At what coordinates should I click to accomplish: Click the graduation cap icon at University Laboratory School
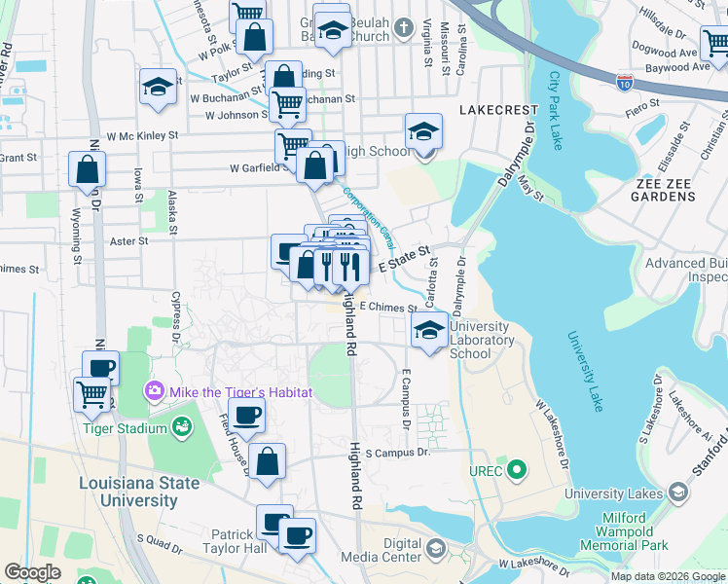coord(427,329)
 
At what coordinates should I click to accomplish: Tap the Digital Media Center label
coord(388,550)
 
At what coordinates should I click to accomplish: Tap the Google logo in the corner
coord(32,572)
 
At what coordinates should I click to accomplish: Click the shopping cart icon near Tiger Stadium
coord(91,393)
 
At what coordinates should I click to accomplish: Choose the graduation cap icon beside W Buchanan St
coord(157,87)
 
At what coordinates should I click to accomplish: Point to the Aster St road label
coord(128,240)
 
